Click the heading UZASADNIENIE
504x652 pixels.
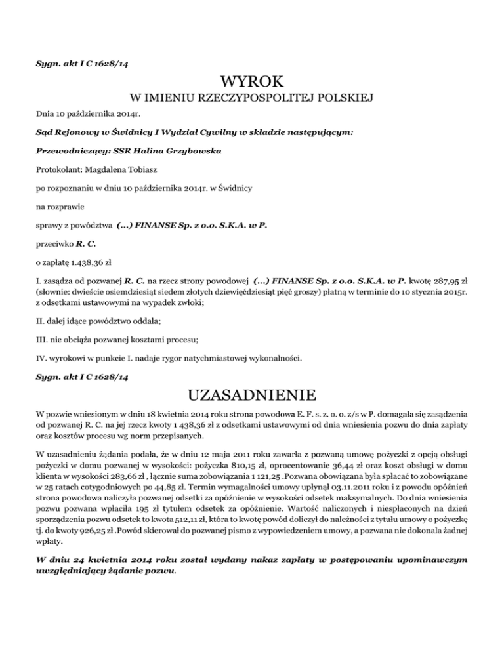point(252,396)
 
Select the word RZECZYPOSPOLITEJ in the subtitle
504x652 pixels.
point(261,99)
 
